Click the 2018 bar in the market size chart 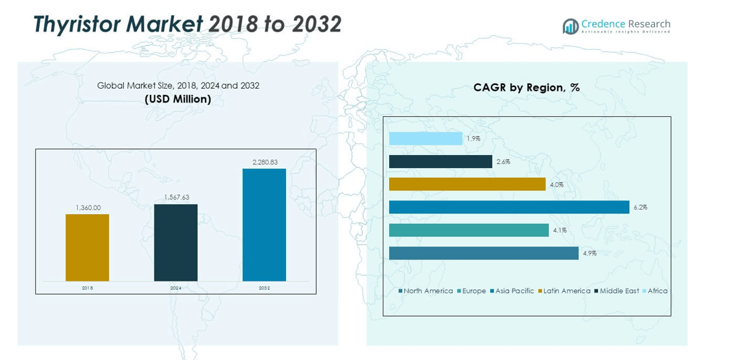tap(87, 247)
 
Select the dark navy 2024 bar tap(176, 243)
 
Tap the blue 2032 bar tap(264, 224)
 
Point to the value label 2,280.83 tap(264, 162)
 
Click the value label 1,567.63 tap(176, 197)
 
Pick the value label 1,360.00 tap(87, 208)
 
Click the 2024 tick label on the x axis tap(176, 287)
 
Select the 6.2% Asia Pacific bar tap(509, 207)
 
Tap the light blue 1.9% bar tap(425, 139)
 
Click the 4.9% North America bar tap(483, 253)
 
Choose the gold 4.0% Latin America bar tap(467, 184)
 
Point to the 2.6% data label tap(503, 162)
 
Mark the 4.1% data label tap(560, 230)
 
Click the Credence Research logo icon tap(571, 27)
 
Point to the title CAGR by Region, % tap(526, 88)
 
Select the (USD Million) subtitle tap(178, 99)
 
